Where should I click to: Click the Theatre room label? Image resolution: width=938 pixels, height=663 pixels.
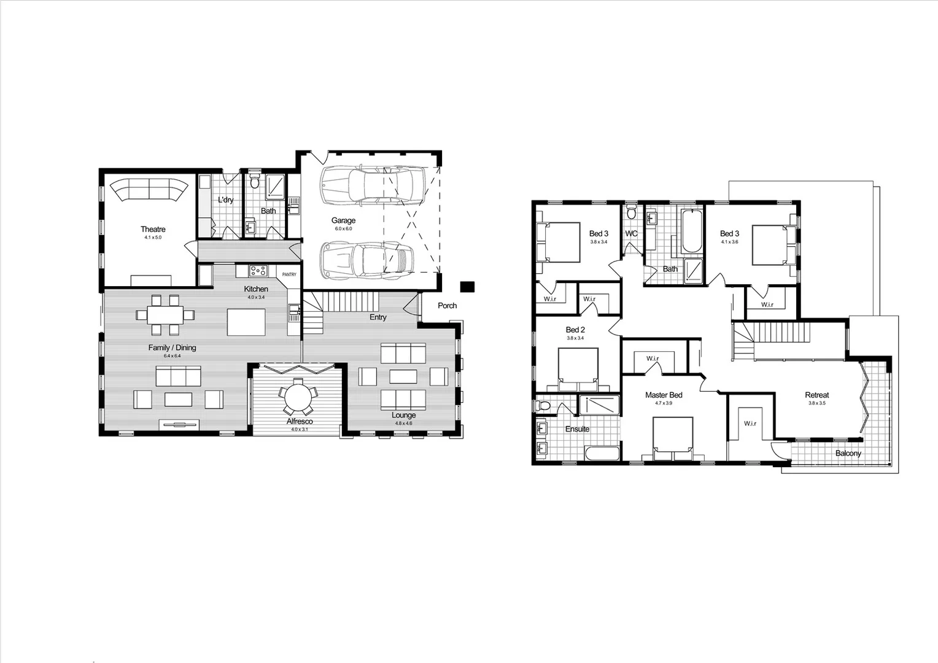(x=153, y=230)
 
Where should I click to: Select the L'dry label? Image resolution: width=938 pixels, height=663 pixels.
(x=225, y=200)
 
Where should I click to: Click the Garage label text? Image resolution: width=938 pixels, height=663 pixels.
(x=343, y=221)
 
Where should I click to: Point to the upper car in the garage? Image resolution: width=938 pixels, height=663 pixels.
(x=373, y=185)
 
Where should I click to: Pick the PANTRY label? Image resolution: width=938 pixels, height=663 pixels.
(x=289, y=275)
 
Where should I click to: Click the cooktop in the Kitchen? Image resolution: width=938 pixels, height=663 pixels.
(x=258, y=270)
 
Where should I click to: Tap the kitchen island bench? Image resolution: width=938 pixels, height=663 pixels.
(x=246, y=321)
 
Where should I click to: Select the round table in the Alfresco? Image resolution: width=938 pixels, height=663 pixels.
(x=298, y=397)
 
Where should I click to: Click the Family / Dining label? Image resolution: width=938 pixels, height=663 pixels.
(x=172, y=348)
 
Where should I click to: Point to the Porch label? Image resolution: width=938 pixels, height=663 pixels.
(x=447, y=306)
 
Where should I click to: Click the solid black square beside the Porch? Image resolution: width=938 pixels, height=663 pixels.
(x=468, y=286)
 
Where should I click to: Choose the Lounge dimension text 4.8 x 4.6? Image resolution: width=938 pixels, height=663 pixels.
(x=403, y=423)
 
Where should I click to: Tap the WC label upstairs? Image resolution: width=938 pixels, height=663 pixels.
(x=631, y=234)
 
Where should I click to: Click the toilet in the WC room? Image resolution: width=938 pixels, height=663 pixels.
(x=631, y=214)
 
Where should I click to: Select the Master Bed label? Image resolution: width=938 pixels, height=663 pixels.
(x=664, y=395)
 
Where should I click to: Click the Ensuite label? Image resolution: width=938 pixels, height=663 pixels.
(x=577, y=429)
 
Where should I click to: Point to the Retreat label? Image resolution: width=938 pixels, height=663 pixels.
(x=816, y=395)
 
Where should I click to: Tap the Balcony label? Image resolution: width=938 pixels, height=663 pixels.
(x=848, y=454)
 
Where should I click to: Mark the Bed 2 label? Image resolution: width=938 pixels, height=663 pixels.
(x=575, y=330)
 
